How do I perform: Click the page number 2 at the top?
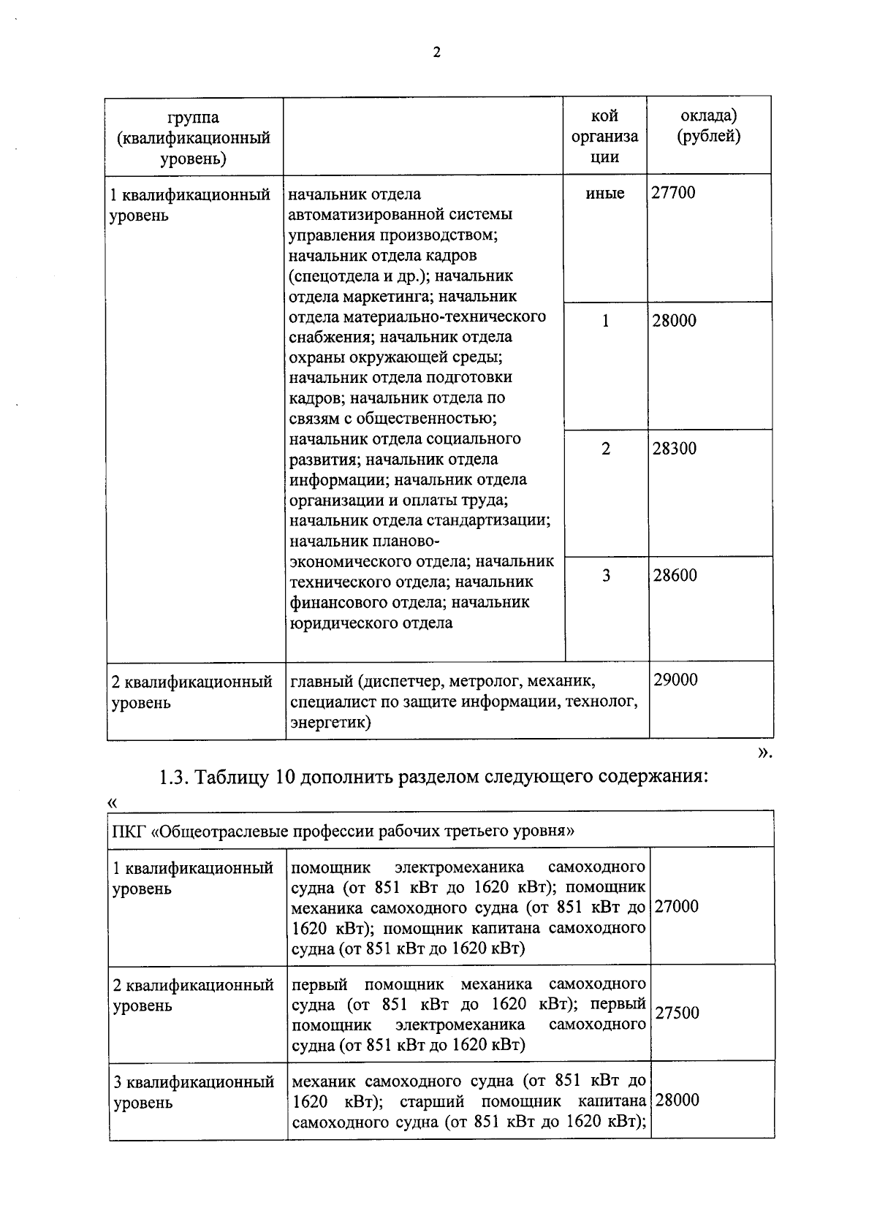(x=437, y=53)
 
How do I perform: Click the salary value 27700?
(x=673, y=194)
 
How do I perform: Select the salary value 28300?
(x=675, y=449)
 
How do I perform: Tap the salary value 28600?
(x=675, y=576)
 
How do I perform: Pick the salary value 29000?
(x=675, y=680)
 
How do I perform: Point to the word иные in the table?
(x=605, y=194)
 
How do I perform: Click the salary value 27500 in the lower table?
(x=677, y=1013)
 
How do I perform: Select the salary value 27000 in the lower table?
(x=677, y=907)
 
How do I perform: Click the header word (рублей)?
(x=708, y=137)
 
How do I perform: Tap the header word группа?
(x=193, y=117)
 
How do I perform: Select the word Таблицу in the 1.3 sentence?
(x=235, y=777)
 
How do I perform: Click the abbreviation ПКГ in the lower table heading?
(x=129, y=831)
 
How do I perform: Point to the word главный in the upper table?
(x=322, y=682)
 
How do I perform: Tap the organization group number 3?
(x=606, y=576)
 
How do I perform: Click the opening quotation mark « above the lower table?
(x=113, y=802)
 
